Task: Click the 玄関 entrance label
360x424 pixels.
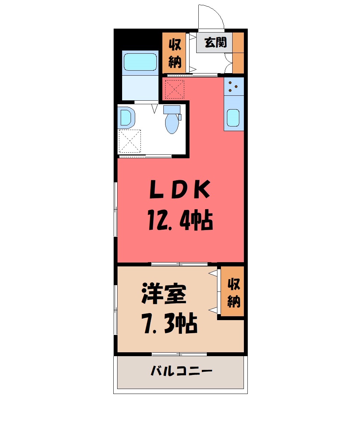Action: pos(215,42)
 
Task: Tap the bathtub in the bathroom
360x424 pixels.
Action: pos(140,62)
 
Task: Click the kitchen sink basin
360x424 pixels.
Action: pos(233,118)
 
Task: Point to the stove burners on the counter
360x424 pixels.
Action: pos(233,86)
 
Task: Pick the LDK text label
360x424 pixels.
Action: pos(180,189)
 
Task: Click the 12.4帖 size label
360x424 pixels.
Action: pos(180,220)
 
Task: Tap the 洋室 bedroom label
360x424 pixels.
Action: pos(164,294)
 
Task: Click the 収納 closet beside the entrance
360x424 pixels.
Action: pos(174,53)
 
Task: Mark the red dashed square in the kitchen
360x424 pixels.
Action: pos(175,89)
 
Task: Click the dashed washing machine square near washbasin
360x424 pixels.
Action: pos(130,141)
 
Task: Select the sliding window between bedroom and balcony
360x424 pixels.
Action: pos(179,354)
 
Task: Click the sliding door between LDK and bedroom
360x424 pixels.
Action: pos(180,264)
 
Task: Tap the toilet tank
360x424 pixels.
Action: pos(172,110)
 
